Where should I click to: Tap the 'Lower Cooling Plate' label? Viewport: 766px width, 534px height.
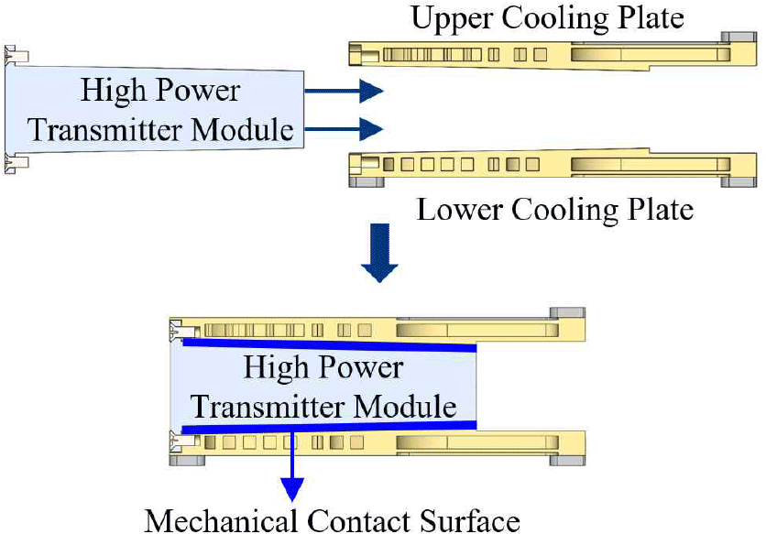click(x=554, y=210)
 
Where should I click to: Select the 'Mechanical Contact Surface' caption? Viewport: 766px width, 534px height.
click(x=332, y=519)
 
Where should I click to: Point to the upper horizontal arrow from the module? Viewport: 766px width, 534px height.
click(x=343, y=91)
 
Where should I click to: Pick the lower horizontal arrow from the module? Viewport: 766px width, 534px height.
click(x=343, y=127)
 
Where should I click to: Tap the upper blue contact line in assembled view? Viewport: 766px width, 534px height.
click(x=330, y=345)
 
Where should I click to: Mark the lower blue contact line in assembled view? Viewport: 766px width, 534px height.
click(x=330, y=425)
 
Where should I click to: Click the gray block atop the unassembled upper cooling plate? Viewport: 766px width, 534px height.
click(x=738, y=38)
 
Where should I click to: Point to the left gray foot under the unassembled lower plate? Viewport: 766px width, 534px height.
click(x=365, y=180)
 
